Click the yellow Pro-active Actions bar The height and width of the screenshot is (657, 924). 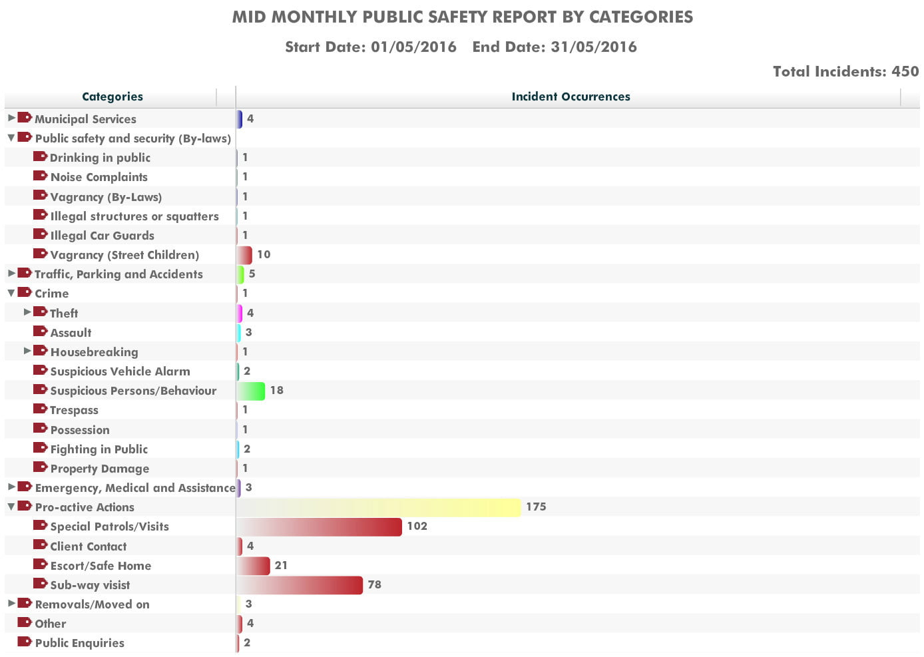point(379,507)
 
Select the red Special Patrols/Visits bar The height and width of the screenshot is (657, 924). point(320,527)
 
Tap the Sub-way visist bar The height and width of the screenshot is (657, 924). point(300,585)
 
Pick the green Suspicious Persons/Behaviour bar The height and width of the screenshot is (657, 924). point(251,391)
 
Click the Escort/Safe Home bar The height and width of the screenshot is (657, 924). point(253,565)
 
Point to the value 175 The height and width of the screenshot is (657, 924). point(536,507)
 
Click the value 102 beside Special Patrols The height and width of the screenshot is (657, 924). point(417,527)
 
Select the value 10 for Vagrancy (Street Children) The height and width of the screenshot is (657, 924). point(264,254)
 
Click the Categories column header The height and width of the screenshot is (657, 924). point(113,97)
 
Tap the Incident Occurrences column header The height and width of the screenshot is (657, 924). point(571,97)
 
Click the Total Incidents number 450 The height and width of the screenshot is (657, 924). point(905,71)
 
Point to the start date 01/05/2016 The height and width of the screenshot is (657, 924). point(413,47)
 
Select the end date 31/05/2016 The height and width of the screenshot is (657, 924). point(594,47)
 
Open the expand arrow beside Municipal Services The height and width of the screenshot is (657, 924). point(11,118)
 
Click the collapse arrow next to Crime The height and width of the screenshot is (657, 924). point(11,294)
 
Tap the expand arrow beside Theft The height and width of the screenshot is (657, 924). point(27,312)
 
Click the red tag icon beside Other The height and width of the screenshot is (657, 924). point(25,622)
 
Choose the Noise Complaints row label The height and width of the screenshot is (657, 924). point(99,177)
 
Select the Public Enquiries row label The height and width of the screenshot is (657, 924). point(80,643)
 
